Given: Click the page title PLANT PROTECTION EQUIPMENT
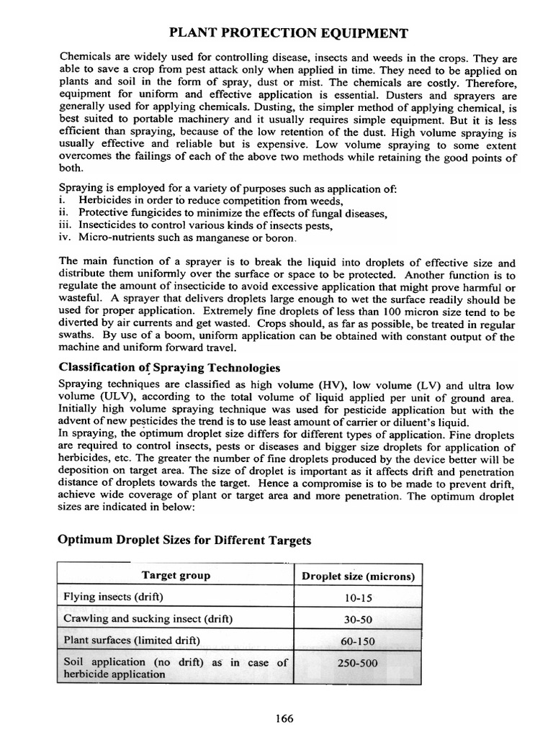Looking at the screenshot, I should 288,33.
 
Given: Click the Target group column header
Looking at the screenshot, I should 176,575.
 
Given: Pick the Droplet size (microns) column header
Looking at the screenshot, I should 358,576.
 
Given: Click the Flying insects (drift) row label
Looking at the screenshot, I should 114,597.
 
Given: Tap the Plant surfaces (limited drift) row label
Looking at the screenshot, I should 132,640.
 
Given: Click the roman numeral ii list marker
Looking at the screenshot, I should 63,213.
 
